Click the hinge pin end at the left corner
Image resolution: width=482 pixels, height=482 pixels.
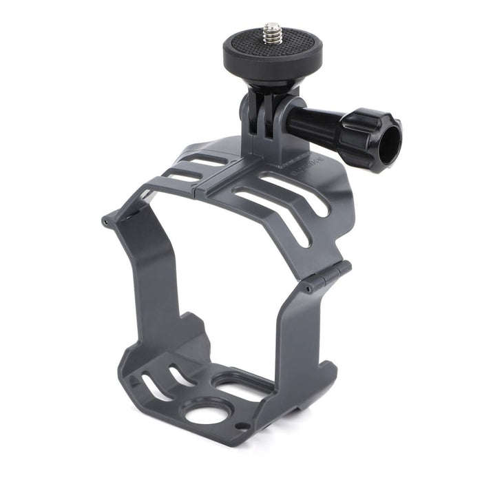tap(105, 222)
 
